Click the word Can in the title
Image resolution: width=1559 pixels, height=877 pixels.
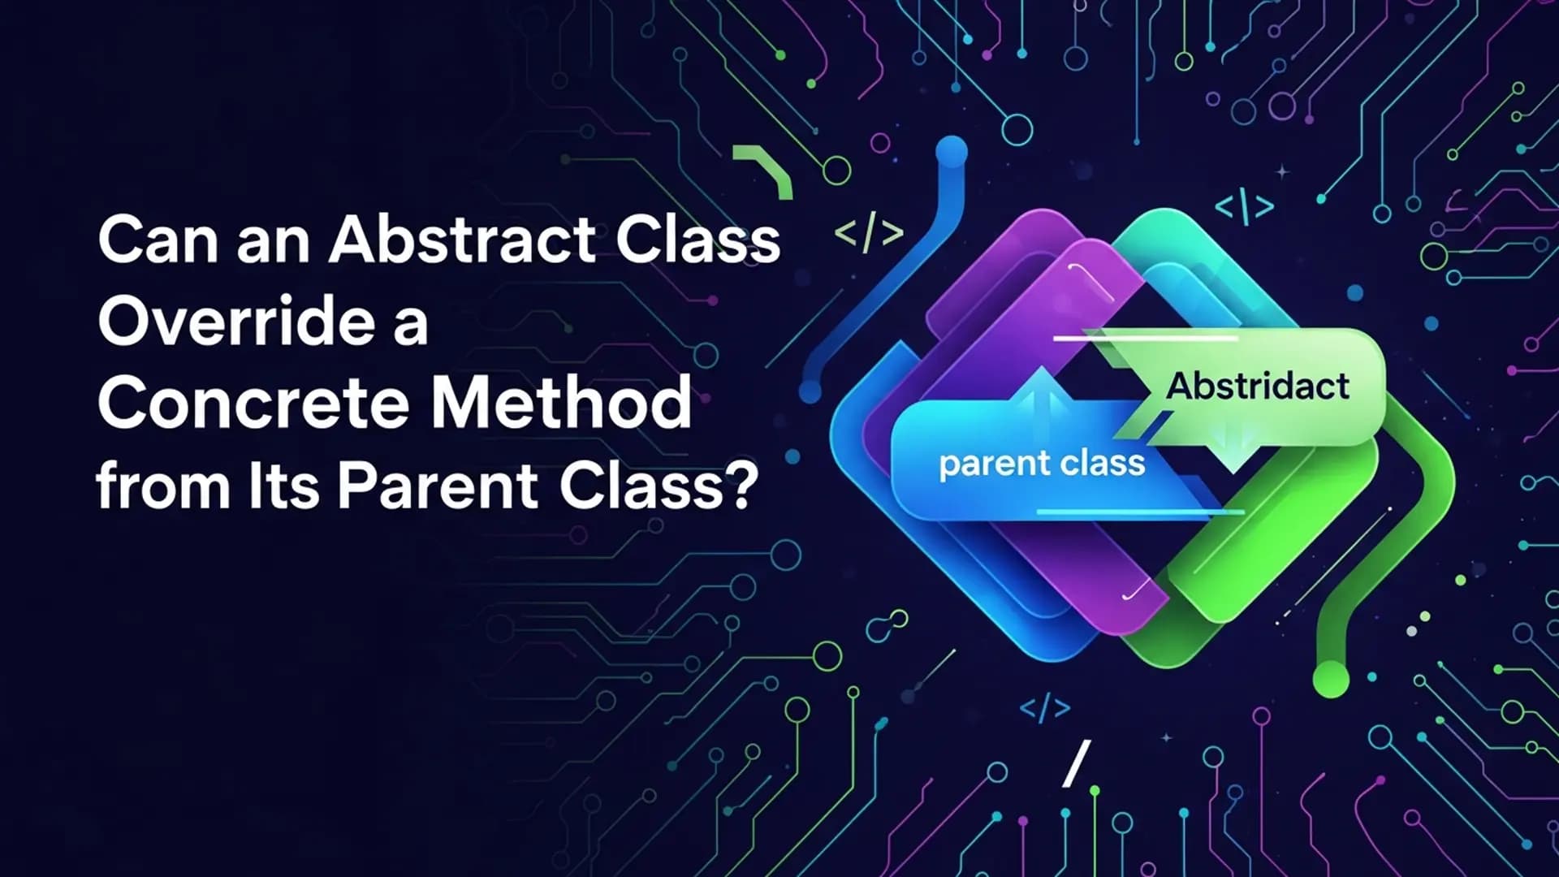pos(158,241)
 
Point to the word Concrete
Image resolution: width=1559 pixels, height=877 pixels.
pos(253,404)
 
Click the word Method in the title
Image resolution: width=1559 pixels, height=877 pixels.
pos(561,404)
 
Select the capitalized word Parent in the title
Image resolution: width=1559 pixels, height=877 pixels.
pos(438,486)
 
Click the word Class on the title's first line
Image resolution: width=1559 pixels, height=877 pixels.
pos(697,241)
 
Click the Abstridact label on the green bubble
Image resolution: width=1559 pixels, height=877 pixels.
pos(1258,387)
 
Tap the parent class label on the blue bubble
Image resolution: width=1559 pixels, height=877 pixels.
pos(1042,464)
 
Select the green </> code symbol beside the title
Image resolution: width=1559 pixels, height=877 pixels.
pos(869,234)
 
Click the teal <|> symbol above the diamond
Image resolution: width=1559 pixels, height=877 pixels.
pos(1244,206)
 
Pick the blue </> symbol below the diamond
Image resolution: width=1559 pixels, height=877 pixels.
pos(1045,707)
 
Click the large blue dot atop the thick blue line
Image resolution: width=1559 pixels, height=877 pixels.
pos(952,152)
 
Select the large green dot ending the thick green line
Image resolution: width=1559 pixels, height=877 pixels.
pos(1331,678)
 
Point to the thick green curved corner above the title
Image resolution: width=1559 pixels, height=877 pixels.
pos(767,169)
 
